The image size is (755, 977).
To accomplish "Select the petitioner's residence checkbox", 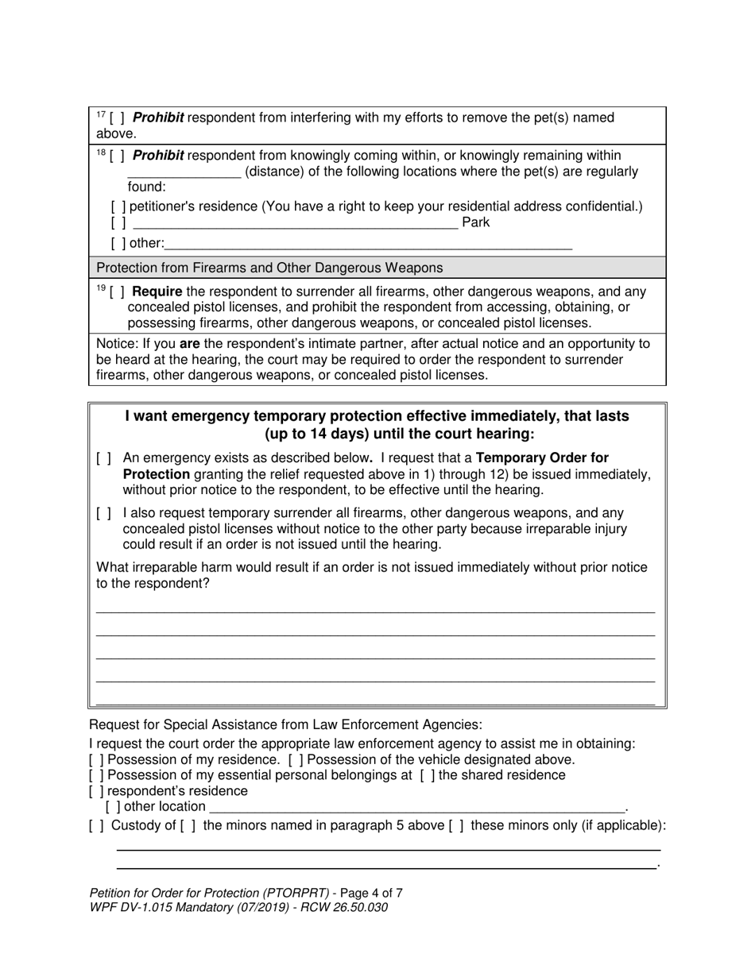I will [x=118, y=207].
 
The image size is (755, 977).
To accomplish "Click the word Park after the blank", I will [x=475, y=223].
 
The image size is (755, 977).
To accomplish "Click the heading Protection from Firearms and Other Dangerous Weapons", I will [x=269, y=268].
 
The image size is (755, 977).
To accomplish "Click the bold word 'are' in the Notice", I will [x=190, y=344].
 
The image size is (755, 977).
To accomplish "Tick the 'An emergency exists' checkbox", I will [x=103, y=459].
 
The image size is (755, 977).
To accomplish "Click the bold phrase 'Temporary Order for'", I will [x=542, y=458].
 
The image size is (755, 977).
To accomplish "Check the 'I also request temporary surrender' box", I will [x=103, y=514].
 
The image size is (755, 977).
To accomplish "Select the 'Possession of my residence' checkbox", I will [x=96, y=760].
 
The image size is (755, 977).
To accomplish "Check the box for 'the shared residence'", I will [x=427, y=775].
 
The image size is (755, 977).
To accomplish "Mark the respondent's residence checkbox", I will [x=96, y=792].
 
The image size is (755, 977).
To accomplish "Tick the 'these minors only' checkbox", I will [x=456, y=826].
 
